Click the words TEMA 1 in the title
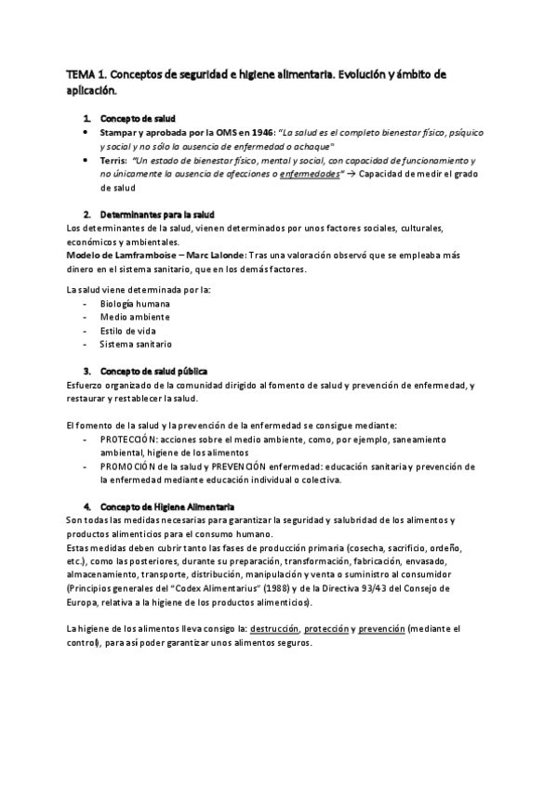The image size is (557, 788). click(x=86, y=75)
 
